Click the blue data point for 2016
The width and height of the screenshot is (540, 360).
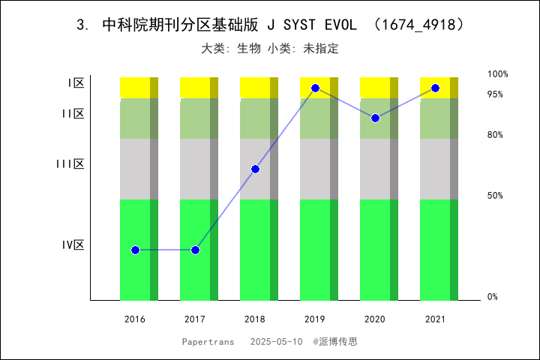point(135,250)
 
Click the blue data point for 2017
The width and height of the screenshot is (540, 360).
point(195,250)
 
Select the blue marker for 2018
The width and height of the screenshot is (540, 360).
point(255,169)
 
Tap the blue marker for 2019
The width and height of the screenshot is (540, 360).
point(315,88)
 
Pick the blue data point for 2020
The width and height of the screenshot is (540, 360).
point(375,118)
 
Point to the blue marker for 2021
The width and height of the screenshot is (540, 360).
point(435,88)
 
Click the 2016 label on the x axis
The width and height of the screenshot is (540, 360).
point(135,319)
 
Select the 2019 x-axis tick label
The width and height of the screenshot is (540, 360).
point(315,319)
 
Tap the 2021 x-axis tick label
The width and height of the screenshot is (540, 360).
point(435,319)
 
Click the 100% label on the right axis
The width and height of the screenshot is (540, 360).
point(498,74)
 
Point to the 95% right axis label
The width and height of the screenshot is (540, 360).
point(495,94)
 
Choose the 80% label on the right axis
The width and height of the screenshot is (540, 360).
point(495,135)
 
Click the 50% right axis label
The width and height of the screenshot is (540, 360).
point(495,196)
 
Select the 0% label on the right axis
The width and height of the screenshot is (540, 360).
point(493,297)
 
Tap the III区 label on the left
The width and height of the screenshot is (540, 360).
point(70,164)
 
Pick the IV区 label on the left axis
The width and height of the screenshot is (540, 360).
point(73,245)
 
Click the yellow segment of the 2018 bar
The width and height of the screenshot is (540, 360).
point(255,87)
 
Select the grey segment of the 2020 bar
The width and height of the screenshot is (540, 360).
point(375,169)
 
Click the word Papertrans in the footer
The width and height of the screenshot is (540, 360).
point(207,341)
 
